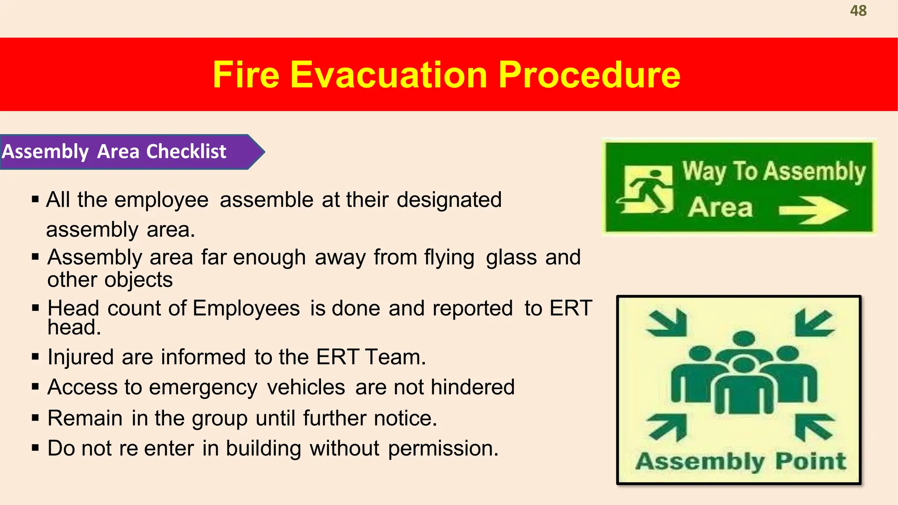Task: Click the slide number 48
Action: (858, 11)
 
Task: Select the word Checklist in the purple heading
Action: (186, 152)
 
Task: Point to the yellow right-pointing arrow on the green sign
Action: (813, 210)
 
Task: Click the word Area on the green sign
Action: (720, 208)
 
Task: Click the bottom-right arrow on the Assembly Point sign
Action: (813, 427)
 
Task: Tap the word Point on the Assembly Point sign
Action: (810, 461)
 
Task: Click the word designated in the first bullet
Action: (449, 200)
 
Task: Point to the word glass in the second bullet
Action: (511, 257)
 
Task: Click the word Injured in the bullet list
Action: (81, 357)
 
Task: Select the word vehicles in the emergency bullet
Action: (306, 388)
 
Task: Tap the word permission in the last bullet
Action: (443, 448)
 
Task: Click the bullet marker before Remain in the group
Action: (36, 417)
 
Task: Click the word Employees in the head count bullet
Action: (246, 308)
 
